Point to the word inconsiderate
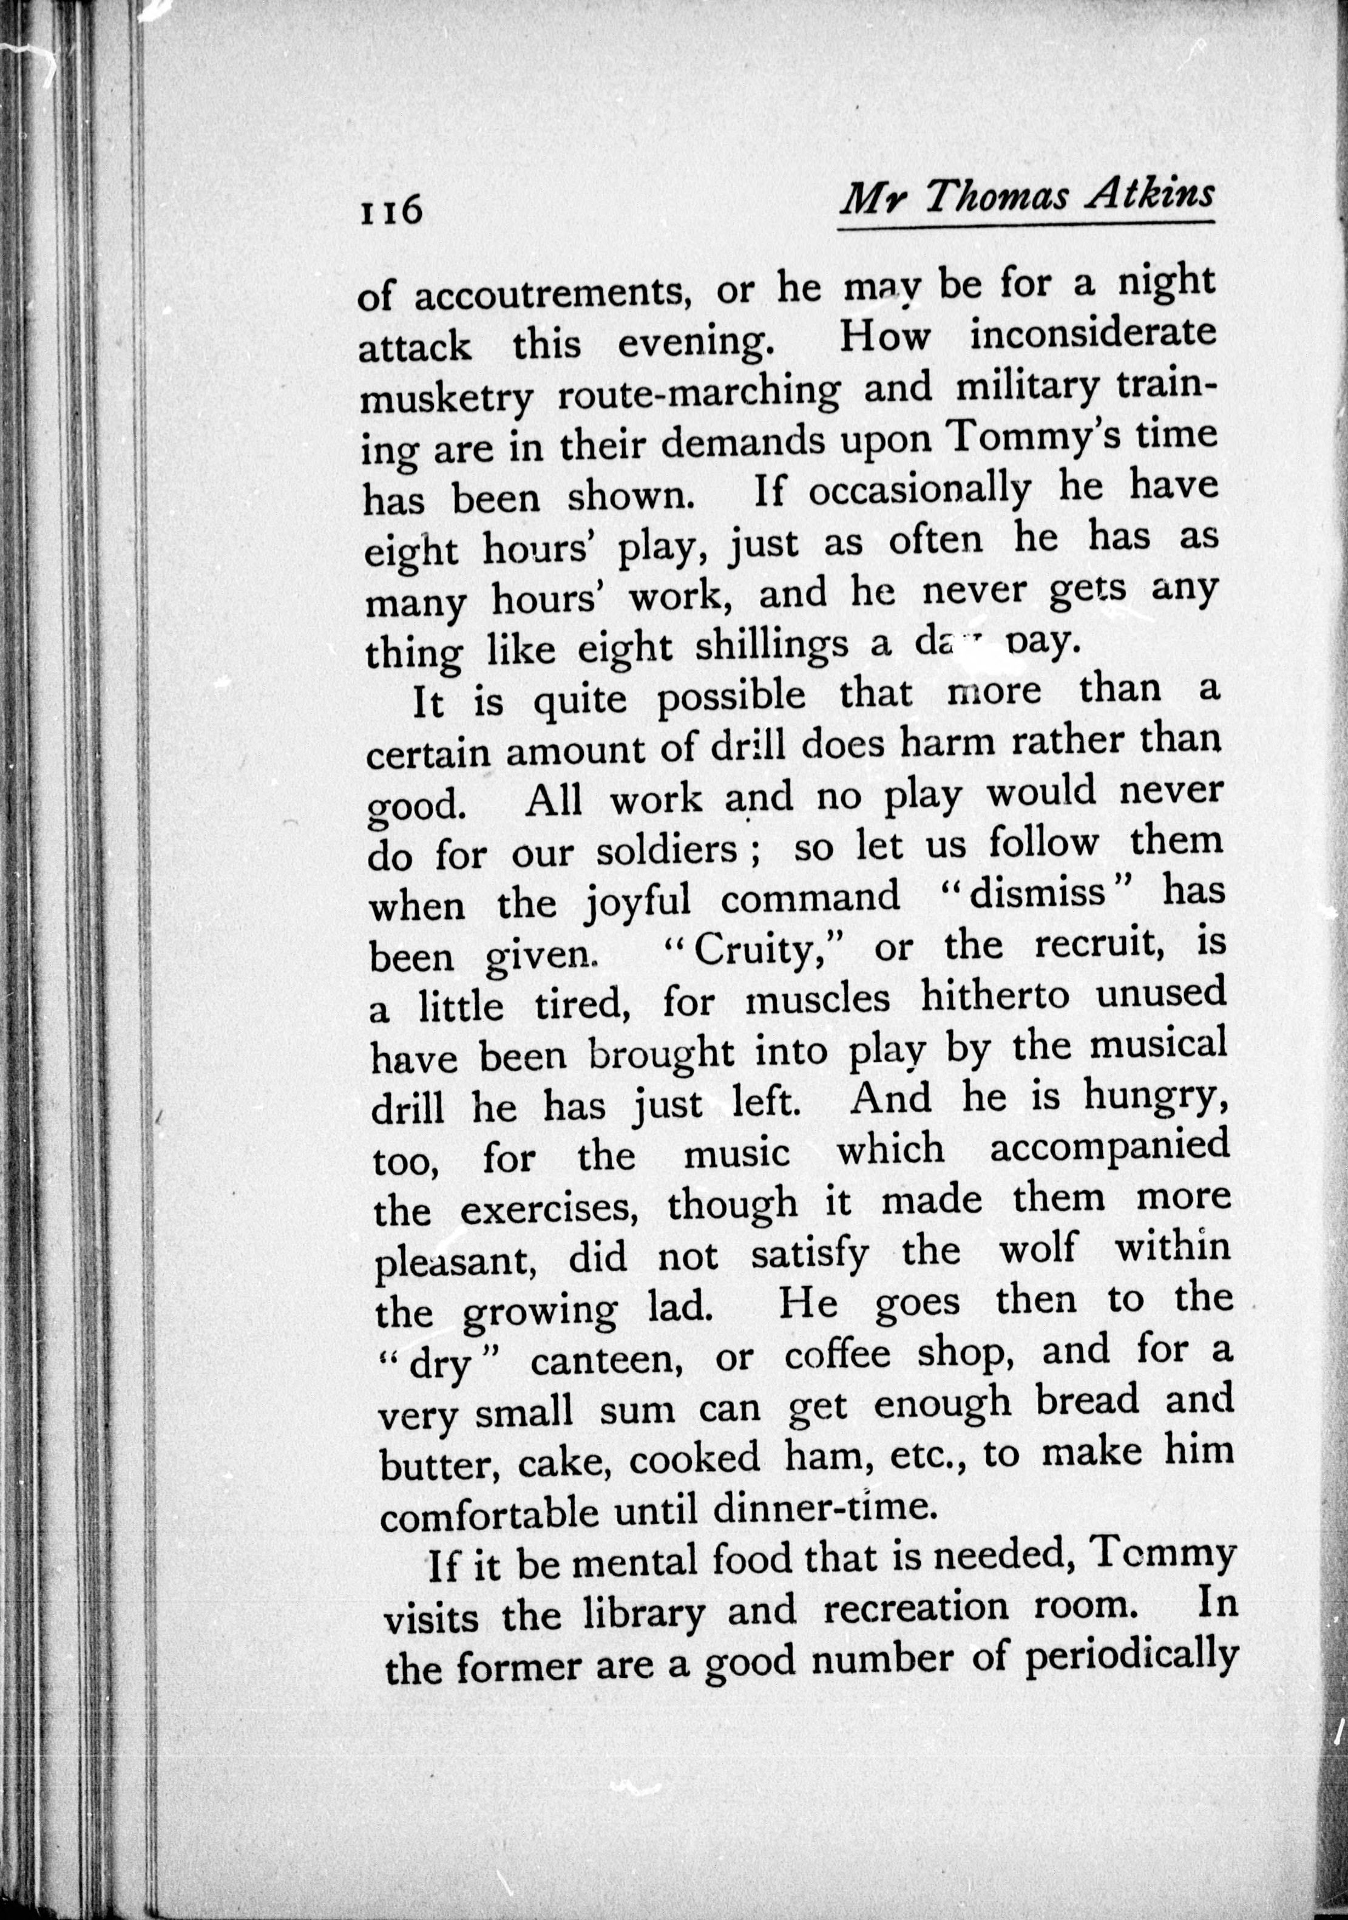[x=1094, y=334]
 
